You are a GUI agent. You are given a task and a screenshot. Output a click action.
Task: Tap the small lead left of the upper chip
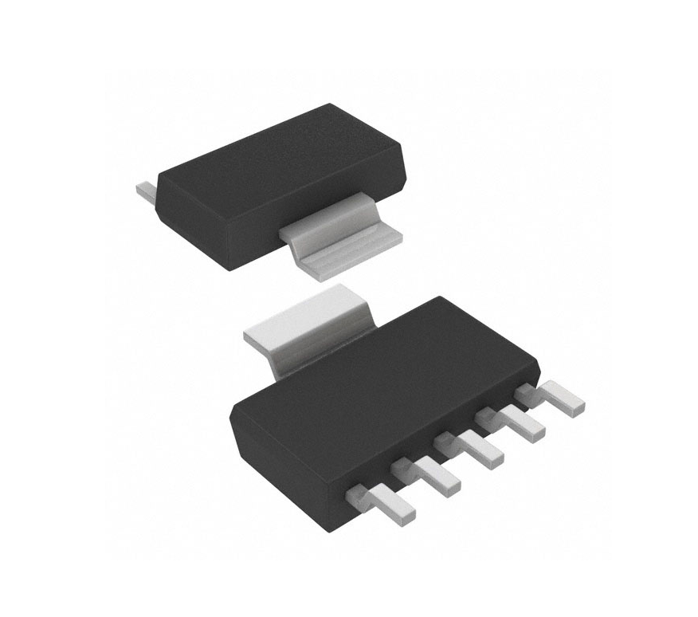coord(144,192)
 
